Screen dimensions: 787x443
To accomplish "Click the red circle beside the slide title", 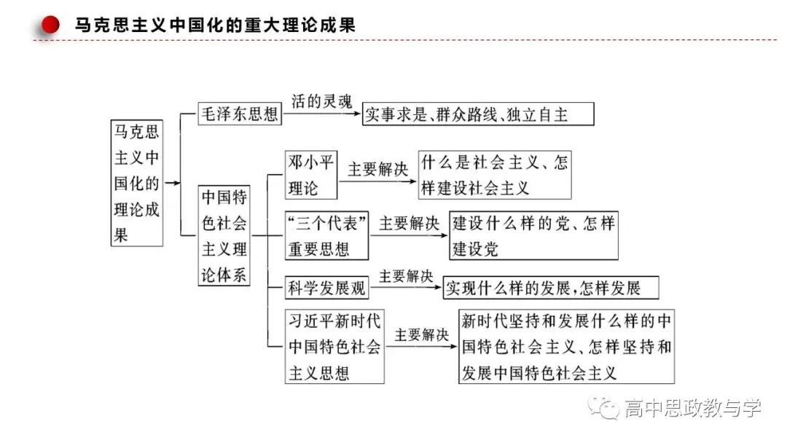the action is click(x=50, y=25).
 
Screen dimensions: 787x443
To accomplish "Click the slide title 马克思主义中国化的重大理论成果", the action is click(x=215, y=25).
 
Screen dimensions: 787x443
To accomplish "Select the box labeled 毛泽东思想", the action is click(x=240, y=114).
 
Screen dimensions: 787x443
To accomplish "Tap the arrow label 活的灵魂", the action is click(x=322, y=101).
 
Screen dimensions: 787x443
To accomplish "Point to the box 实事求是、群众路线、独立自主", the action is click(x=478, y=114).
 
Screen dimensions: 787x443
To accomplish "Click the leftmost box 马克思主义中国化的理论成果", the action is click(x=136, y=183).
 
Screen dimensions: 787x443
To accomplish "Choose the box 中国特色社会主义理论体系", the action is click(x=224, y=235).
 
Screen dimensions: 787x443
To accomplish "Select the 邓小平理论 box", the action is click(x=311, y=175).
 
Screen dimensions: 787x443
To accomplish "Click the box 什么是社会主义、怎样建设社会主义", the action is click(x=495, y=175).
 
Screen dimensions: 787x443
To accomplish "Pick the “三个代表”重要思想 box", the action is click(x=326, y=236).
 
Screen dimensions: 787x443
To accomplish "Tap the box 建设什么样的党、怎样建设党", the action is click(x=533, y=236).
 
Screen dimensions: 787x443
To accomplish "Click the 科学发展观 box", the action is click(x=326, y=288).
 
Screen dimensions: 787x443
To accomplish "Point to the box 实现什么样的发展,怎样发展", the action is click(x=551, y=288).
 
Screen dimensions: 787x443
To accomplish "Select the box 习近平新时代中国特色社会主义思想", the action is click(x=334, y=347).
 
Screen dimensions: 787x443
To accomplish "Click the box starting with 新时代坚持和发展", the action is click(x=567, y=347).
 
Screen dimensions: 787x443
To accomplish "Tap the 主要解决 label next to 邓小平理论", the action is click(x=378, y=169).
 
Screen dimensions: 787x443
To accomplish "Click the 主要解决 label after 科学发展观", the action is click(x=406, y=276).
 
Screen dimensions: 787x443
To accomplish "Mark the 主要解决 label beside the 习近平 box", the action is click(x=422, y=334).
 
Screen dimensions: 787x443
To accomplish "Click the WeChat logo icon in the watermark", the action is click(x=604, y=407).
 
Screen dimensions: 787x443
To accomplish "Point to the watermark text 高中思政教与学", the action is click(x=693, y=408).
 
